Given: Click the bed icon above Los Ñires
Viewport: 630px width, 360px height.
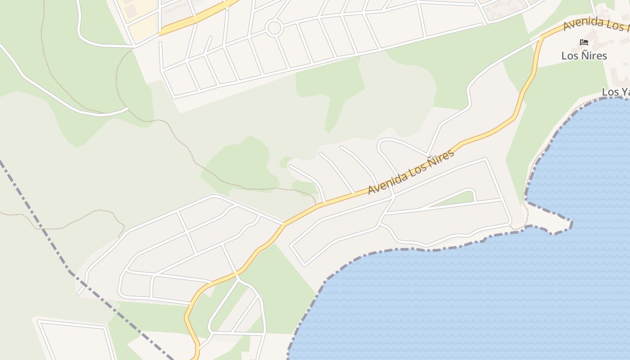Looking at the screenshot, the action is [x=584, y=43].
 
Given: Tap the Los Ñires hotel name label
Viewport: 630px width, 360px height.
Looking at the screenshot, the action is [x=584, y=56].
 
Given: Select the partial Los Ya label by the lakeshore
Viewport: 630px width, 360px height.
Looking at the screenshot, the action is [x=616, y=92].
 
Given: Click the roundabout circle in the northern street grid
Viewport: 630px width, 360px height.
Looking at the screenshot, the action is [x=274, y=28].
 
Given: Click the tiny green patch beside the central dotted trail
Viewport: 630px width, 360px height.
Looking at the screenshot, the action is [x=285, y=162].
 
